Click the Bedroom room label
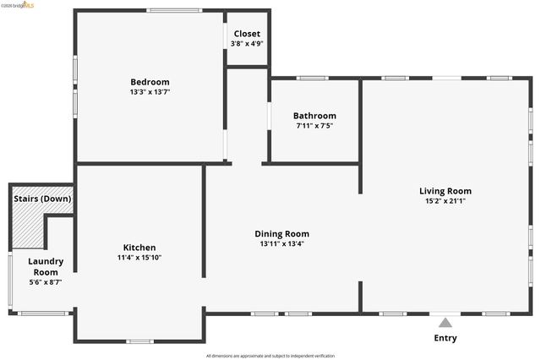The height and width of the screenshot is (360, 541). [x=150, y=81]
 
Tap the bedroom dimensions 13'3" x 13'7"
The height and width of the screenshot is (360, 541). [x=150, y=92]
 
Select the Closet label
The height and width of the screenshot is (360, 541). [x=247, y=34]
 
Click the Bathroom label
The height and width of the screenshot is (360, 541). [x=314, y=116]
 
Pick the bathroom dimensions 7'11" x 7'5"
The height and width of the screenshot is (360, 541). [x=314, y=126]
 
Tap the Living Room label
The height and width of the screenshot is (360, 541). [x=445, y=191]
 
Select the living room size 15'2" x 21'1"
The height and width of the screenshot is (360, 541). [x=445, y=201]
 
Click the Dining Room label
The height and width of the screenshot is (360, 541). [x=282, y=233]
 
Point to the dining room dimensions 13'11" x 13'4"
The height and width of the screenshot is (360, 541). [x=282, y=244]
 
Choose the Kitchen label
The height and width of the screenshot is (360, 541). [x=139, y=247]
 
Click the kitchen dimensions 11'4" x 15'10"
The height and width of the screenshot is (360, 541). [x=139, y=258]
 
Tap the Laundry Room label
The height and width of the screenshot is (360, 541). [x=46, y=266]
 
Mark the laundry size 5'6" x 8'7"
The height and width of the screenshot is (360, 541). [x=46, y=282]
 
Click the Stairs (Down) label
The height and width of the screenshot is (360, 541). [x=42, y=199]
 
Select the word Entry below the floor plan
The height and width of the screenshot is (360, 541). [x=445, y=338]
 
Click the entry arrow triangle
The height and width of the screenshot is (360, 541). [x=445, y=321]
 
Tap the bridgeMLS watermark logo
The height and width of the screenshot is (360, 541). [x=19, y=5]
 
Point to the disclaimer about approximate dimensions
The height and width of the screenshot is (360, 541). [x=270, y=356]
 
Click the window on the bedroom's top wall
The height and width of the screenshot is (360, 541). [x=174, y=10]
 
